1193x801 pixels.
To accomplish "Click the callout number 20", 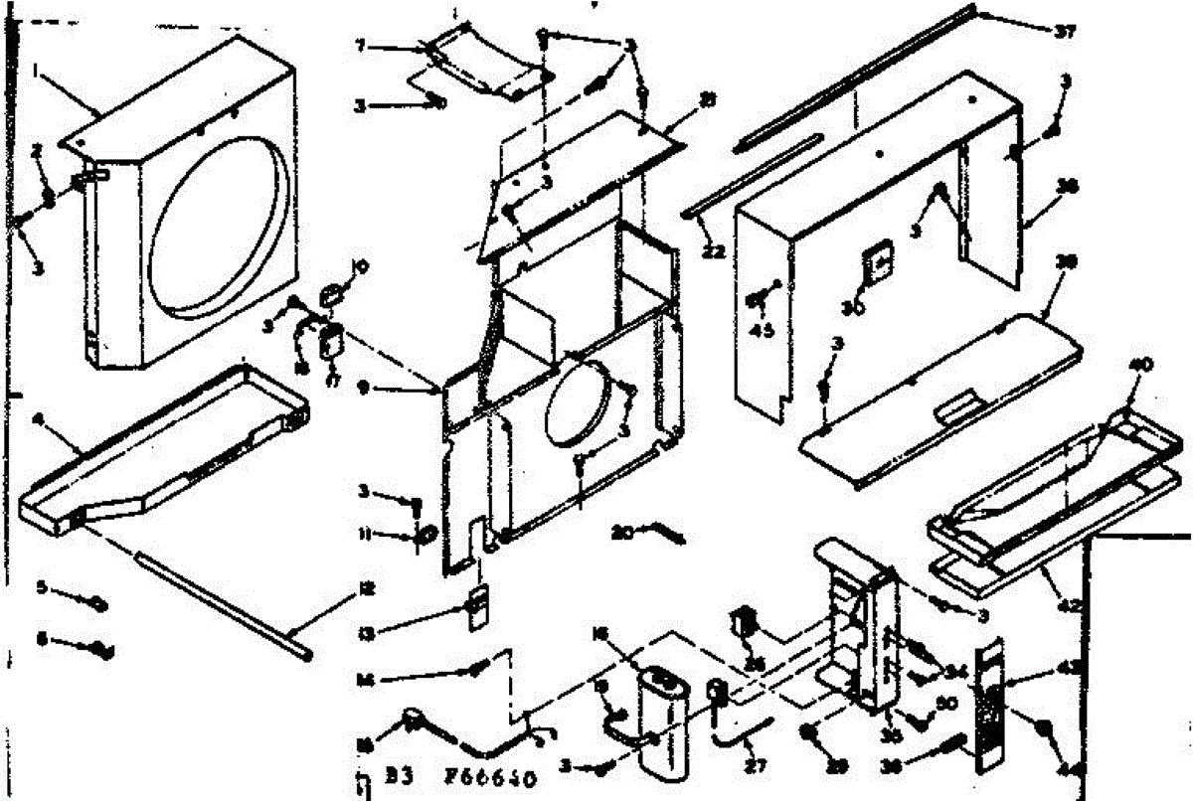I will click(x=621, y=532).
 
